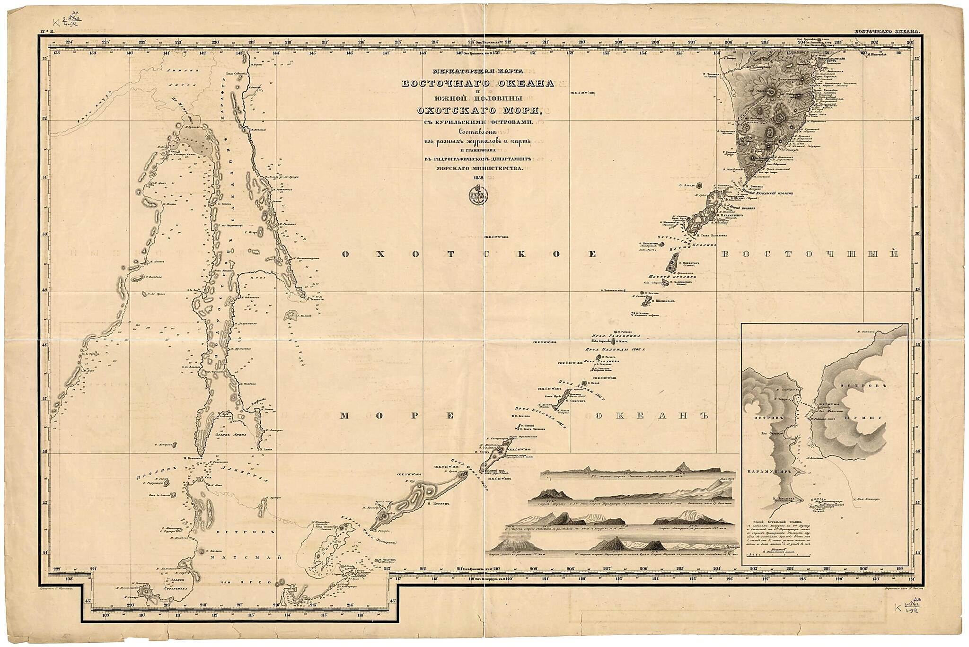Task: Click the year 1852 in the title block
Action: (478, 178)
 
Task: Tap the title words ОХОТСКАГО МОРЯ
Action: (478, 112)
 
